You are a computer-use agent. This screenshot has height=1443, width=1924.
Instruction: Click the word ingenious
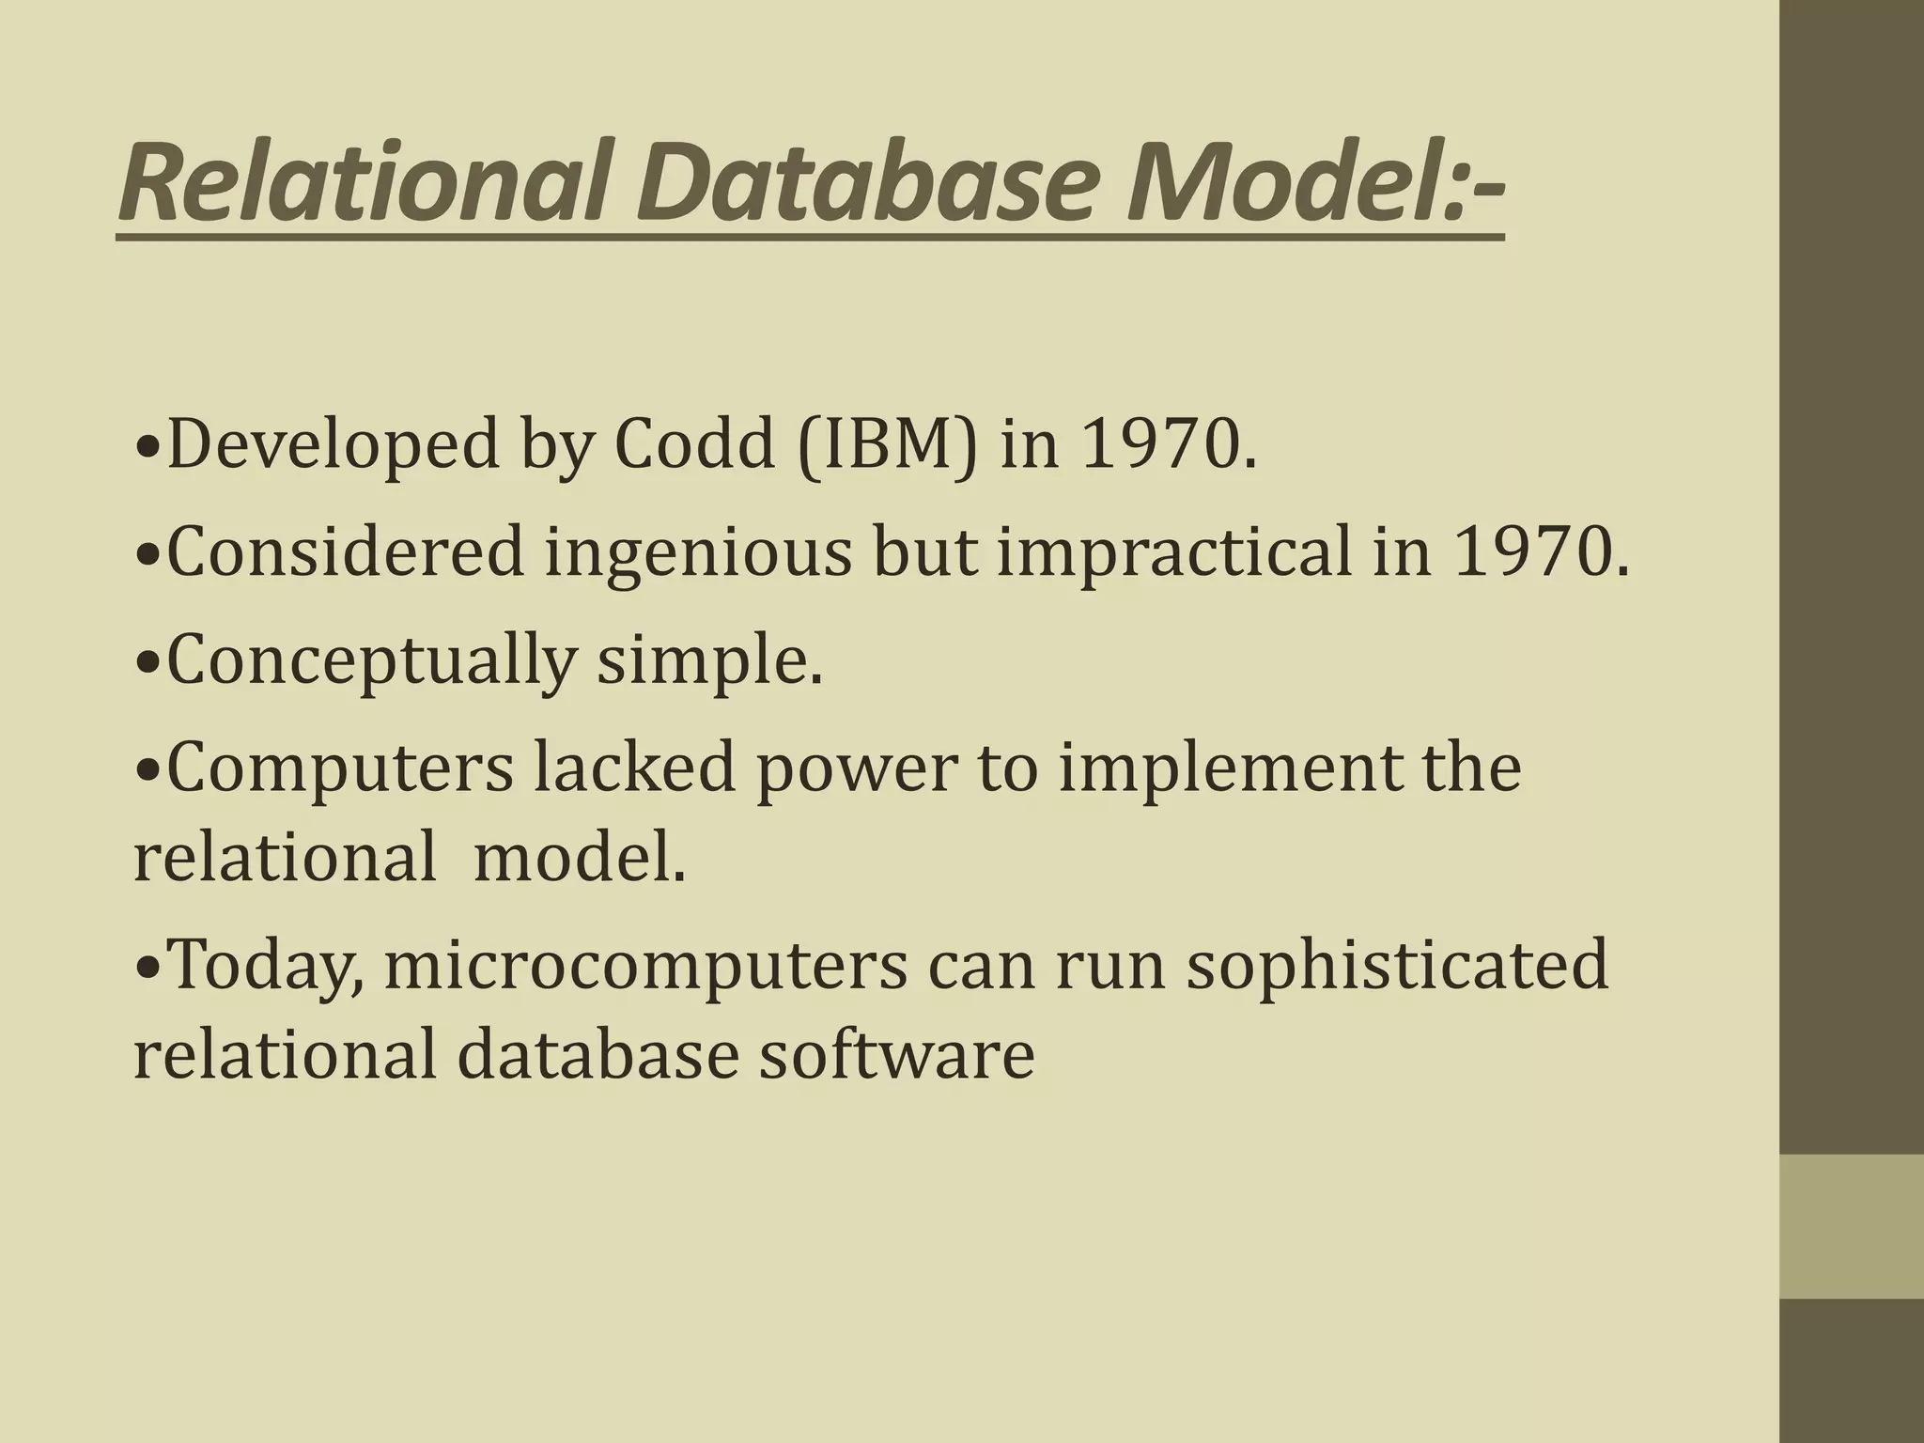(698, 553)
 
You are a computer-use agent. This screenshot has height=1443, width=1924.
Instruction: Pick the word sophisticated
(1396, 968)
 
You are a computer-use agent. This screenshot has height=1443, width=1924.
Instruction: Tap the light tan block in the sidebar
(1851, 1226)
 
